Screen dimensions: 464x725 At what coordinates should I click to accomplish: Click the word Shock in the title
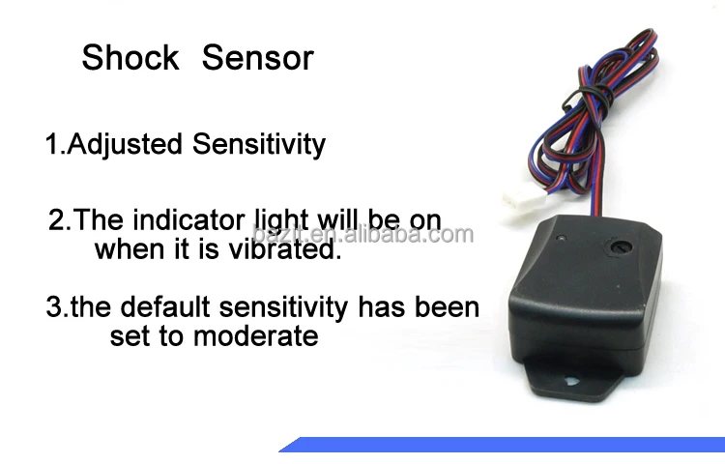(130, 57)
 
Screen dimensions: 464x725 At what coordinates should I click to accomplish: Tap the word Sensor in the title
(257, 57)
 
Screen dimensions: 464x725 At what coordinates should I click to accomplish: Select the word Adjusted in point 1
(123, 144)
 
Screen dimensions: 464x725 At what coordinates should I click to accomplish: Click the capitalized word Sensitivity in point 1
(259, 144)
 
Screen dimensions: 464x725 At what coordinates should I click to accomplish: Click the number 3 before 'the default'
(54, 308)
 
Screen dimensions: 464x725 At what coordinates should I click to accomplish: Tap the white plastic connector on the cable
(518, 197)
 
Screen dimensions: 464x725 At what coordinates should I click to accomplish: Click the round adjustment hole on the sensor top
(614, 247)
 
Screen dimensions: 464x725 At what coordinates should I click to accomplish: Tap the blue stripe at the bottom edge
(503, 445)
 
